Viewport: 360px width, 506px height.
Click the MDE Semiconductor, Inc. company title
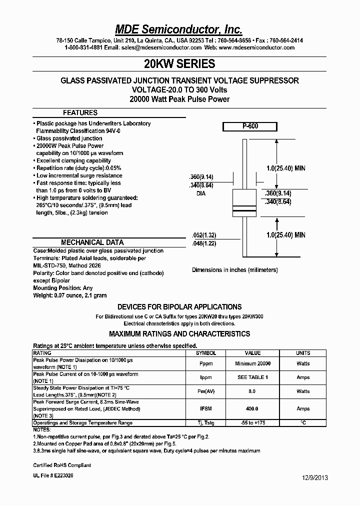point(179,29)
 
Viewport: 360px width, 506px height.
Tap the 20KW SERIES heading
point(179,64)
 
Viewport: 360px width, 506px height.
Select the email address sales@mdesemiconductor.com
point(161,48)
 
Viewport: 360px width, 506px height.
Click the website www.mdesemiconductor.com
point(256,48)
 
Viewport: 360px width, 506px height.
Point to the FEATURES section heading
point(80,113)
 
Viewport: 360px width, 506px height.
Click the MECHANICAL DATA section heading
point(89,242)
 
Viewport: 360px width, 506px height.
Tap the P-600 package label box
point(250,127)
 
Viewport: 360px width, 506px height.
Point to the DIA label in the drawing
point(201,193)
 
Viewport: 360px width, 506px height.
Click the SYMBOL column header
point(205,353)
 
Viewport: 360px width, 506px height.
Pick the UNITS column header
point(303,353)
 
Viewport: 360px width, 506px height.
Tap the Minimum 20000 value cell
point(252,364)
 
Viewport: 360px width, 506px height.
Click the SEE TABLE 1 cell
point(252,377)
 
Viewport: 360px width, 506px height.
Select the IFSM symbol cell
point(205,408)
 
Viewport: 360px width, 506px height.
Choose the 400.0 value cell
point(252,408)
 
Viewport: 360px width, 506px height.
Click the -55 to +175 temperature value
point(252,423)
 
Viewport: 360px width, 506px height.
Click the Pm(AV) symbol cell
point(205,391)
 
